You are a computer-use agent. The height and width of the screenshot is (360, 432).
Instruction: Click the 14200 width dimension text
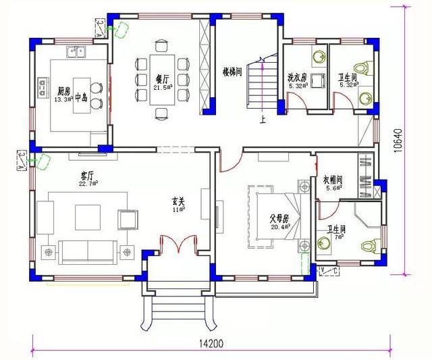(x=211, y=343)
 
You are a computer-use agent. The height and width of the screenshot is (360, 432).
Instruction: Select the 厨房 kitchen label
(x=63, y=91)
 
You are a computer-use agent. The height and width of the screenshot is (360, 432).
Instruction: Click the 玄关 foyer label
(x=178, y=201)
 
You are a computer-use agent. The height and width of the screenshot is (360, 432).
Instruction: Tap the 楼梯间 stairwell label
(x=232, y=72)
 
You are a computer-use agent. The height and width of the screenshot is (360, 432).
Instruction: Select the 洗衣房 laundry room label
(x=298, y=78)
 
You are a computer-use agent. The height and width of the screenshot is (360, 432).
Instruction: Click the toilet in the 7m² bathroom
(x=369, y=244)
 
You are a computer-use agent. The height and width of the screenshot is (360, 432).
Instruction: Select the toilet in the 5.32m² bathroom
(x=364, y=68)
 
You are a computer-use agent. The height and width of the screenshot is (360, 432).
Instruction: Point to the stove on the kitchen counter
(x=42, y=85)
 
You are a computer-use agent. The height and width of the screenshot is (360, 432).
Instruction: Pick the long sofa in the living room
(x=88, y=251)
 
